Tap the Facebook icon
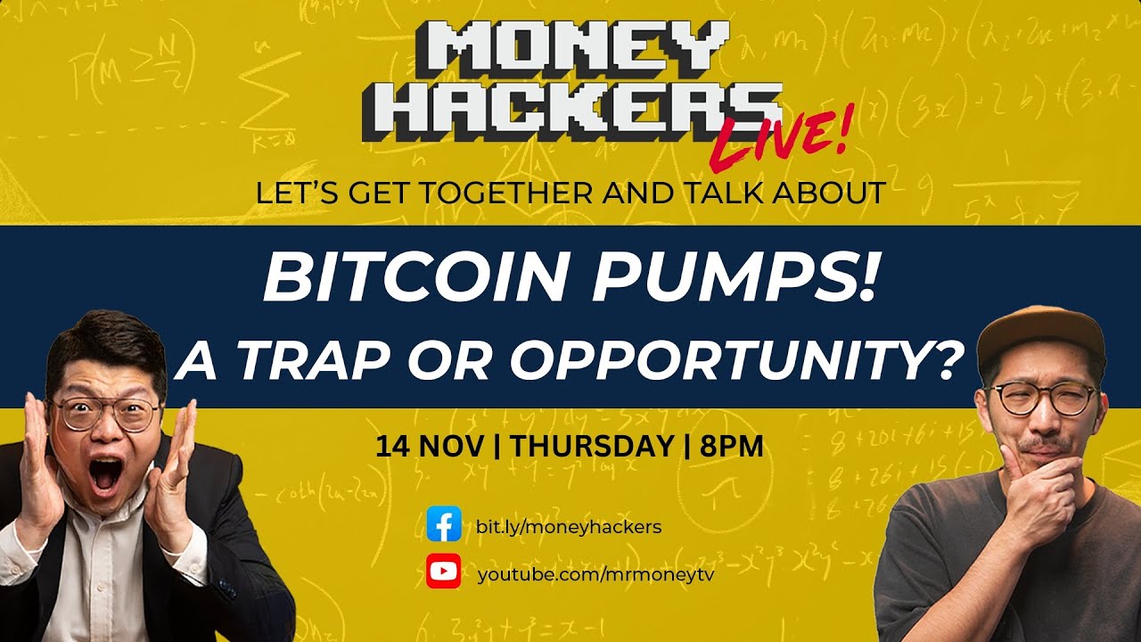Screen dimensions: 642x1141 (443, 525)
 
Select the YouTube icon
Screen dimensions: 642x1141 (443, 572)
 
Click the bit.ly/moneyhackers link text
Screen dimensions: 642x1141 (569, 526)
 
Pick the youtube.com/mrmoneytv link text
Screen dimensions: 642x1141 (595, 573)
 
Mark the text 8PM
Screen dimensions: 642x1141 (732, 446)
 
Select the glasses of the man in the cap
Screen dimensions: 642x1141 (1043, 398)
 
